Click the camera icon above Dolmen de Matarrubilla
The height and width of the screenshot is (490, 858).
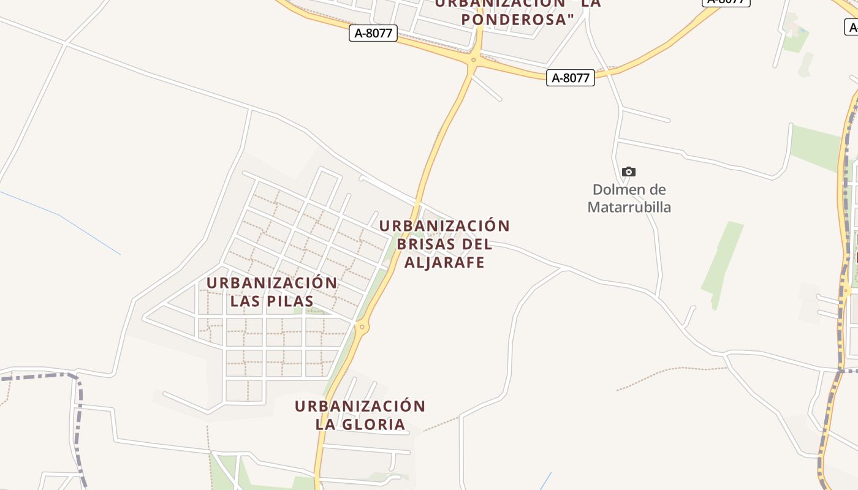[629, 171]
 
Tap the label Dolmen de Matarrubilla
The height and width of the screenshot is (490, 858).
[629, 198]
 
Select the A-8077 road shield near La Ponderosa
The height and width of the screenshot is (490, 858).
[373, 33]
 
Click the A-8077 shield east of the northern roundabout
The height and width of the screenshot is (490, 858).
[571, 78]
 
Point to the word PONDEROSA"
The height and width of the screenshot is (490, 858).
[518, 20]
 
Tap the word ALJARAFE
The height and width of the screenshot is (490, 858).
[444, 263]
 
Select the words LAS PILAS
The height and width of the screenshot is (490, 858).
[272, 301]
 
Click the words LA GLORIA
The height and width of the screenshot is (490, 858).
[360, 424]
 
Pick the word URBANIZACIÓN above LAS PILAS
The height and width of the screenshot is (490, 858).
[272, 283]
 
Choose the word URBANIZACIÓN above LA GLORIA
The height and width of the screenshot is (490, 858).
[360, 406]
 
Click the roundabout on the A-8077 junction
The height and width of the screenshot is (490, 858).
[473, 61]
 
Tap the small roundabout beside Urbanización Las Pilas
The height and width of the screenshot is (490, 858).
[362, 327]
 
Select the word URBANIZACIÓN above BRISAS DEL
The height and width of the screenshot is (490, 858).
[444, 226]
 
